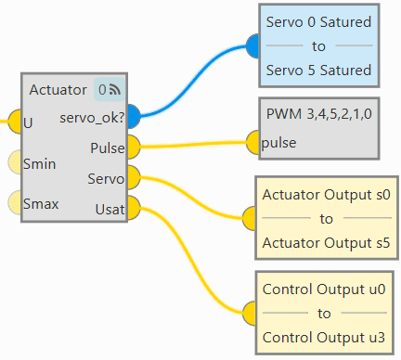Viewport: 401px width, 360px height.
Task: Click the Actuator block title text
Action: (x=58, y=90)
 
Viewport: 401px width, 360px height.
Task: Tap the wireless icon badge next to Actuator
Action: (x=110, y=90)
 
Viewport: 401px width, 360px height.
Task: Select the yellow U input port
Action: (x=15, y=122)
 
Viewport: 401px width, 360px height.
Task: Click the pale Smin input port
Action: (x=15, y=161)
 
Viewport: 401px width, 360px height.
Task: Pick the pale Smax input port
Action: (x=15, y=202)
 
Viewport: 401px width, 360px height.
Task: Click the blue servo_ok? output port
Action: (x=134, y=116)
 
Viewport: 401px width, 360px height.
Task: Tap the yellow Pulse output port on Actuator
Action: (x=134, y=147)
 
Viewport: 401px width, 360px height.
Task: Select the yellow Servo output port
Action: (x=134, y=177)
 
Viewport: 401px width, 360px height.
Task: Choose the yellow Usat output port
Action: (x=134, y=208)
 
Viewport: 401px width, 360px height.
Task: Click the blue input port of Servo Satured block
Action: (x=252, y=46)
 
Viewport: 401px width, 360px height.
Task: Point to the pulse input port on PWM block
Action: (x=252, y=142)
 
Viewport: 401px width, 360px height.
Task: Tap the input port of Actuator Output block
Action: (x=249, y=218)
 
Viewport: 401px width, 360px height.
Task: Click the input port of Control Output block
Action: (x=249, y=314)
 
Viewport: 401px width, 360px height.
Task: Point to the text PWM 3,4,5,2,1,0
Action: (x=319, y=114)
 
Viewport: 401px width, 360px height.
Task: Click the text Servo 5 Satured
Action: (x=318, y=71)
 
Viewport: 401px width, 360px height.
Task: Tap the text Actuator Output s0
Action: (x=327, y=195)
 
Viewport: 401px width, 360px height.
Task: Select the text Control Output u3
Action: (x=324, y=338)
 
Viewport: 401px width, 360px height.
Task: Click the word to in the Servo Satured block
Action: (x=318, y=46)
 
